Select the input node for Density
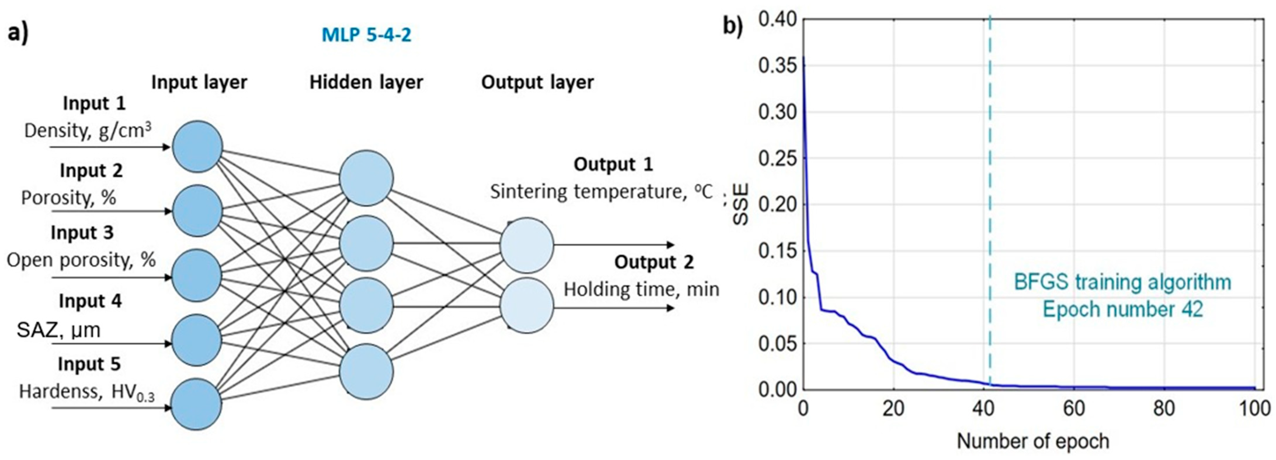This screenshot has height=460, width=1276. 197,147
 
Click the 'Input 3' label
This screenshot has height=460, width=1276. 82,233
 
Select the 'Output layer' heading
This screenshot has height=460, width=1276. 537,82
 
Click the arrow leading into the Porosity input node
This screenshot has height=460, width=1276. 112,211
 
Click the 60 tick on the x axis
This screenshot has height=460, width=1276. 1073,409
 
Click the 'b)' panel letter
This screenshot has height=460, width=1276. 733,26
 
